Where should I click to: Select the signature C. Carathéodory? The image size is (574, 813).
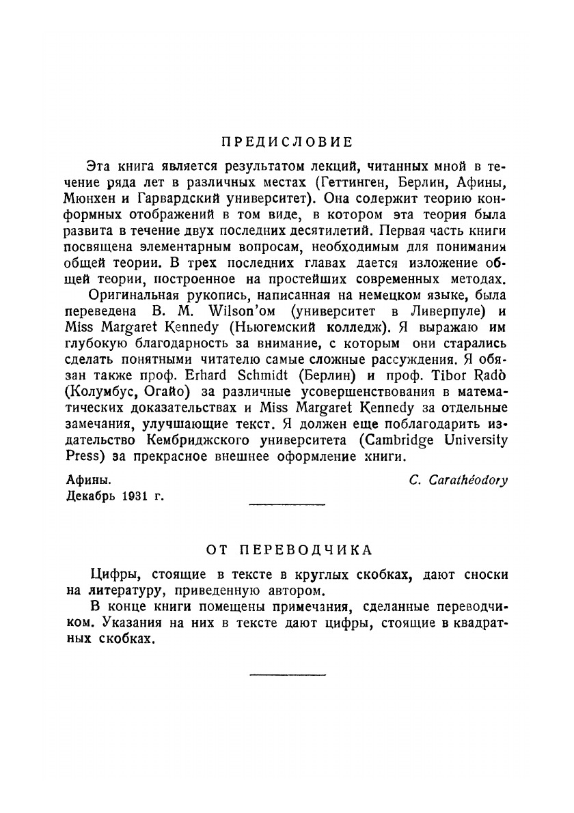(458, 480)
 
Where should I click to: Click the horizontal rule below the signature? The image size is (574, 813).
(287, 504)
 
